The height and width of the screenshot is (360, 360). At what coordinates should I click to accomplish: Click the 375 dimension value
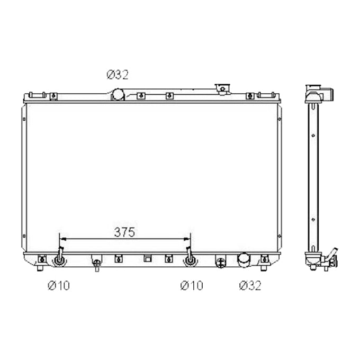(x=125, y=232)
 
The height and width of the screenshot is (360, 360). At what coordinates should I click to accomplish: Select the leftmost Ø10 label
(x=58, y=285)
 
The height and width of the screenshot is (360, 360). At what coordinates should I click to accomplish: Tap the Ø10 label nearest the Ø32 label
(x=191, y=285)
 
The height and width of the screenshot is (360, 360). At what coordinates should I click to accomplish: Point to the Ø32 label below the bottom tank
(x=249, y=285)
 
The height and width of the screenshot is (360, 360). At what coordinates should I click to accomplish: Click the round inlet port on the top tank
(x=118, y=95)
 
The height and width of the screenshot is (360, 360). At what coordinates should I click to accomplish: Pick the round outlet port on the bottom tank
(x=243, y=260)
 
